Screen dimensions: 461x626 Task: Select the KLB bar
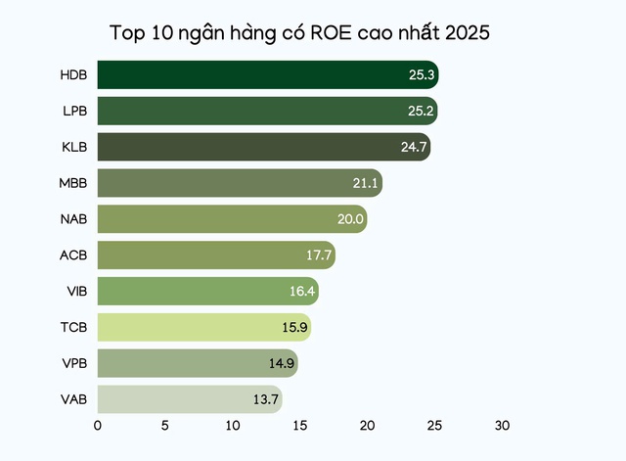(263, 147)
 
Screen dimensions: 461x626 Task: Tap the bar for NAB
(232, 219)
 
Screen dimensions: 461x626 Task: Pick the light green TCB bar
(203, 327)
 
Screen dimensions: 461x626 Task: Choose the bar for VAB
(189, 399)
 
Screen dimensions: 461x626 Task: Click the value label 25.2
(422, 111)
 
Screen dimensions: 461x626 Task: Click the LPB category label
(73, 111)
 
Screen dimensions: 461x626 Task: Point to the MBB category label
(73, 183)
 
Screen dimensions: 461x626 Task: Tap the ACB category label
(73, 255)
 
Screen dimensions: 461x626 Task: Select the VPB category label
(73, 363)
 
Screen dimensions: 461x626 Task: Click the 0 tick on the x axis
(98, 427)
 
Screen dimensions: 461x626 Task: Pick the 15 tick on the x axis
(299, 427)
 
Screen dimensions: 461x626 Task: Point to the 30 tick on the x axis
(502, 427)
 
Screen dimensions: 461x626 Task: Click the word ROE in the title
(335, 33)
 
